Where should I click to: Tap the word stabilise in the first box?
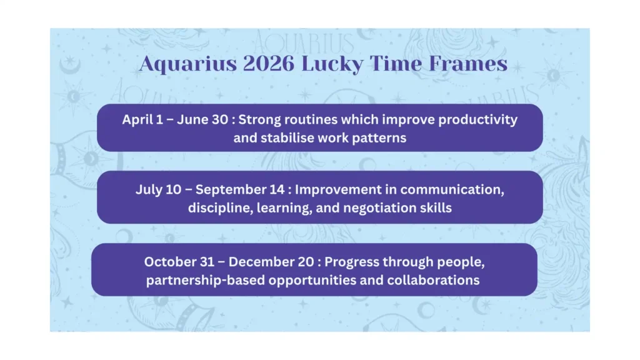point(260,137)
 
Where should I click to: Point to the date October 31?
point(174,261)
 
